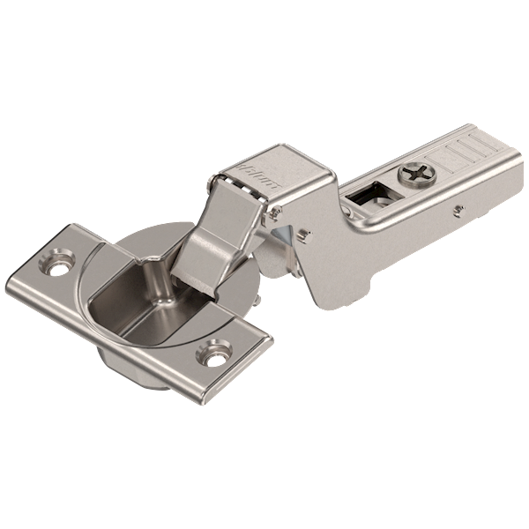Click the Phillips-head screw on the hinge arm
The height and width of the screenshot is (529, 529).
414,174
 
